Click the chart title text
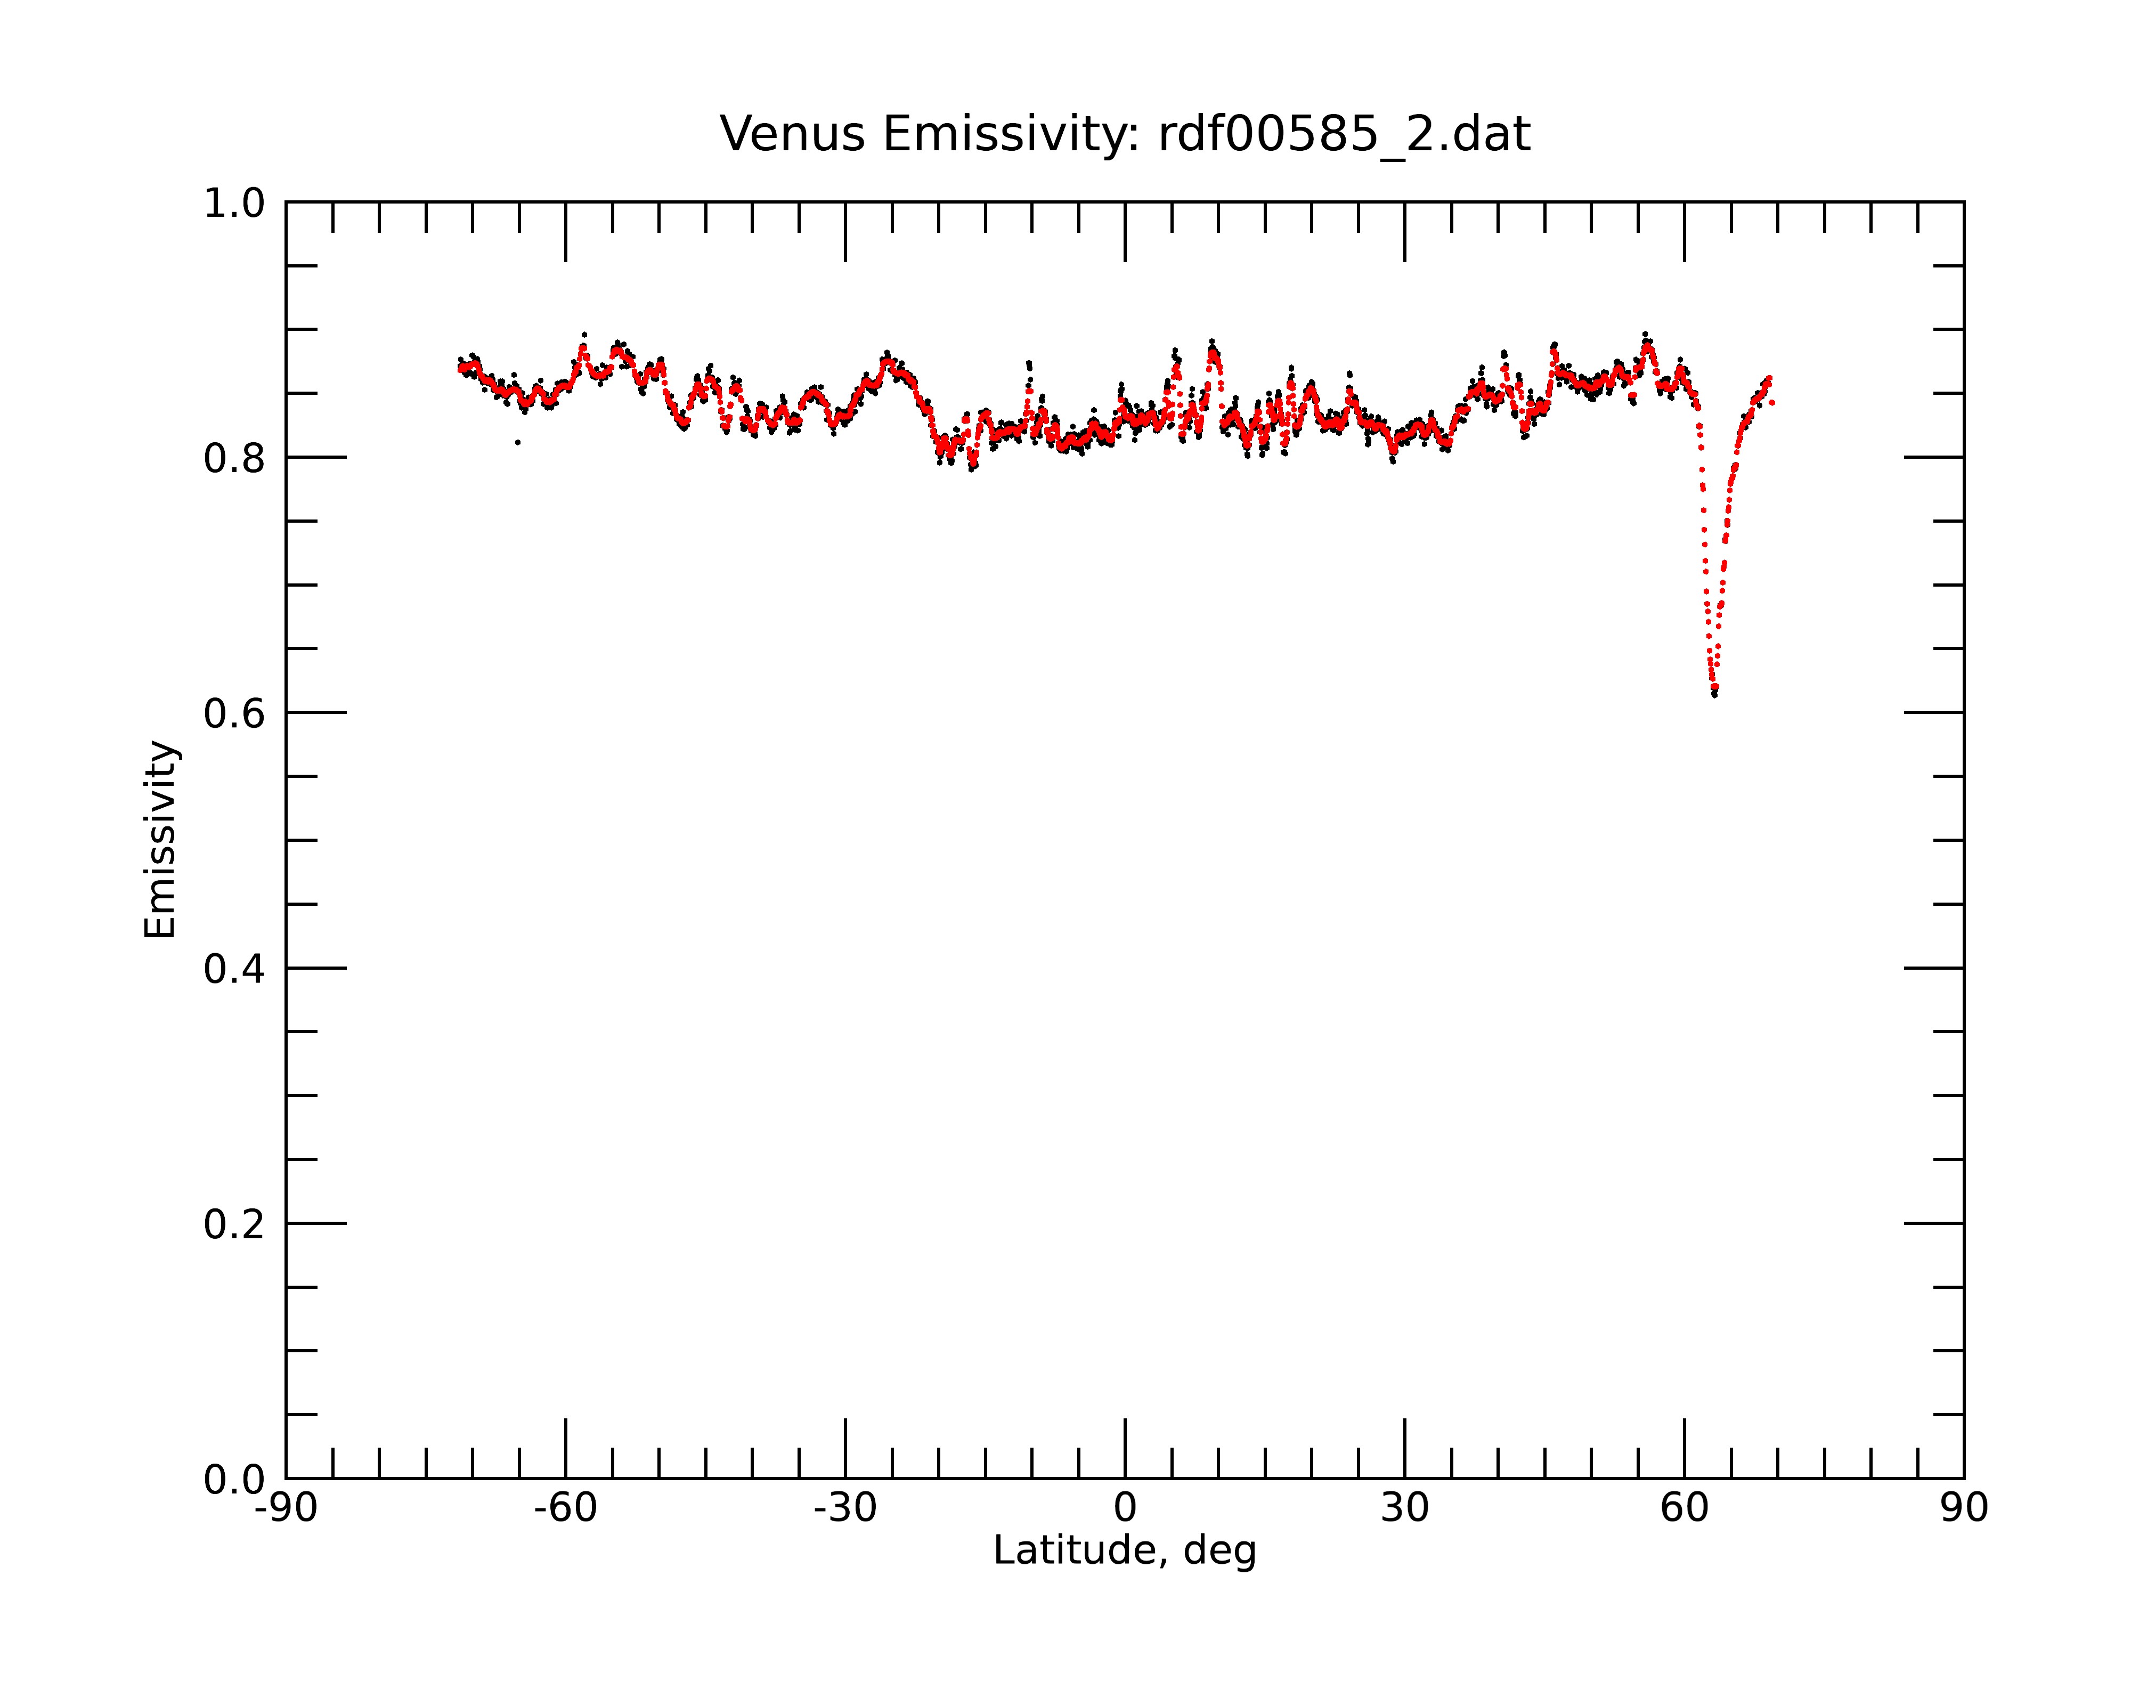click(x=1125, y=134)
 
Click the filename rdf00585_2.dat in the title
click(x=1344, y=134)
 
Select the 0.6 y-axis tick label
click(x=234, y=713)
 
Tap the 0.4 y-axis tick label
click(x=234, y=969)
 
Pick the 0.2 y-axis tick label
click(x=234, y=1224)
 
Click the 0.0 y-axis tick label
click(x=234, y=1480)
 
